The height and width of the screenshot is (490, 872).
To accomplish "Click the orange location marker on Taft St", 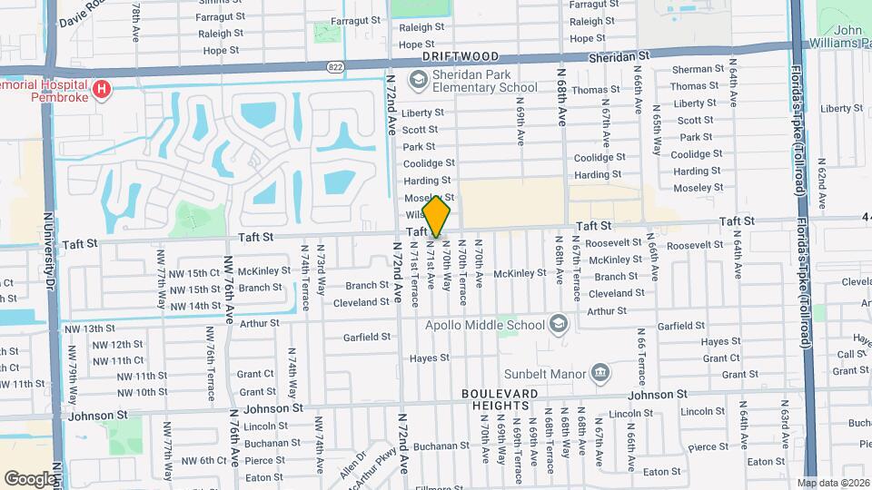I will [x=437, y=216].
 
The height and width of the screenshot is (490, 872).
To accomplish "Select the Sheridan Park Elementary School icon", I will [x=419, y=82].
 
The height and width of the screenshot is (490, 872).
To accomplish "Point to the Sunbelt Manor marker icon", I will [x=600, y=372].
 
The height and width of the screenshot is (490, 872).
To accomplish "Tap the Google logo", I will [x=30, y=478].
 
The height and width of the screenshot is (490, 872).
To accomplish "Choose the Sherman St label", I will [x=698, y=69].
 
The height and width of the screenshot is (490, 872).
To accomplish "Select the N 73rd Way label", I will [x=320, y=264].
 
